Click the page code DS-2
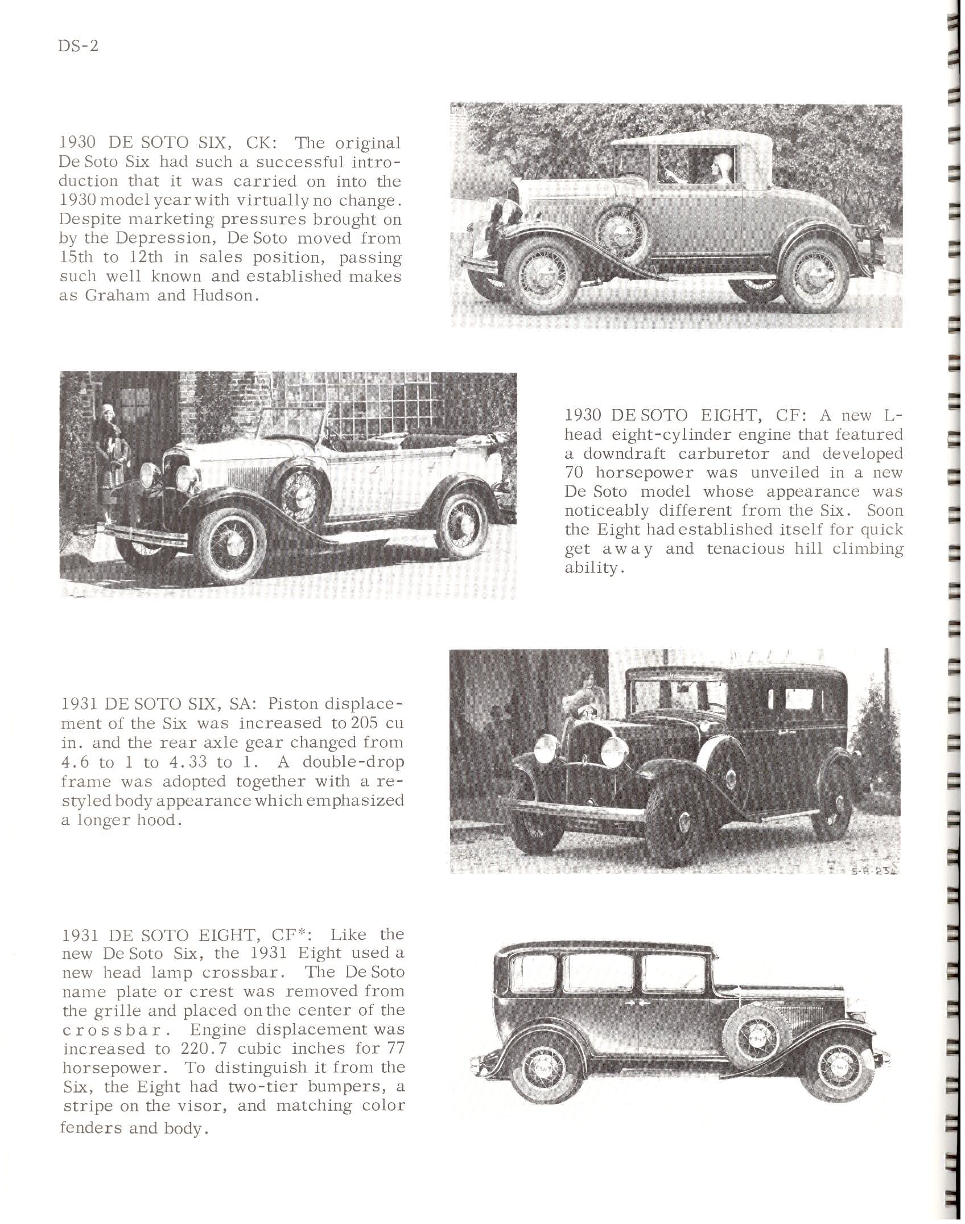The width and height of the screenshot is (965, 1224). pyautogui.click(x=79, y=46)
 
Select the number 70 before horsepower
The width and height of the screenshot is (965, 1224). pyautogui.click(x=576, y=473)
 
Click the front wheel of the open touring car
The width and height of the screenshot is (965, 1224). pyautogui.click(x=231, y=542)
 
